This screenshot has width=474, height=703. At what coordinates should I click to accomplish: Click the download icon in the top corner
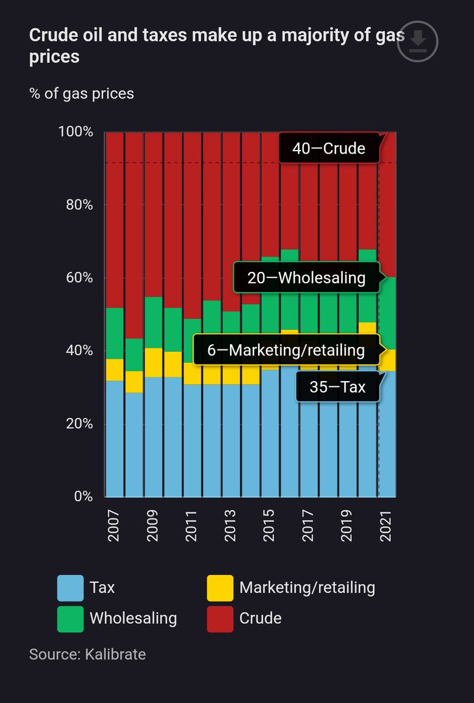417,40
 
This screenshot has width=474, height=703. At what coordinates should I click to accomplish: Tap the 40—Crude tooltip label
329,148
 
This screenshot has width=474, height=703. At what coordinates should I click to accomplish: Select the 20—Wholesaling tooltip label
306,277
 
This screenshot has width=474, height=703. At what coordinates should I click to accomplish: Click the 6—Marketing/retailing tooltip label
286,350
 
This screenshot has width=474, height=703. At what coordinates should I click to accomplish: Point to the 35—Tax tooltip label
337,387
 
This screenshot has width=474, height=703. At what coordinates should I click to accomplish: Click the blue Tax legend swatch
70,587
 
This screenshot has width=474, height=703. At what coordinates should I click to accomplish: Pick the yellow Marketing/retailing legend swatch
220,587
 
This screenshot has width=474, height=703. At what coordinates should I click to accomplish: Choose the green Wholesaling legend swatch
70,619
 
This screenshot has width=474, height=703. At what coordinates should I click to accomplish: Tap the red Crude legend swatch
220,619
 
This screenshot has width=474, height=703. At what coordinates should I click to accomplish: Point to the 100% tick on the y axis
76,131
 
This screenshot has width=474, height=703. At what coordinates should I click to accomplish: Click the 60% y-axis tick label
79,277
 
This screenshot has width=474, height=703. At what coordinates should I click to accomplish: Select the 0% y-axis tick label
82,496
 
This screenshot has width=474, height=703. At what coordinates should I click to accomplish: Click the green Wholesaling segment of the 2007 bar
114,333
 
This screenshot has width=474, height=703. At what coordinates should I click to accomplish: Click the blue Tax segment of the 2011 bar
192,440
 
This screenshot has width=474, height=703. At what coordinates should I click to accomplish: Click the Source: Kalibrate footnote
87,654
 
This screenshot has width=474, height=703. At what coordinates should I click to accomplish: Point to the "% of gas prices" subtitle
82,93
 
